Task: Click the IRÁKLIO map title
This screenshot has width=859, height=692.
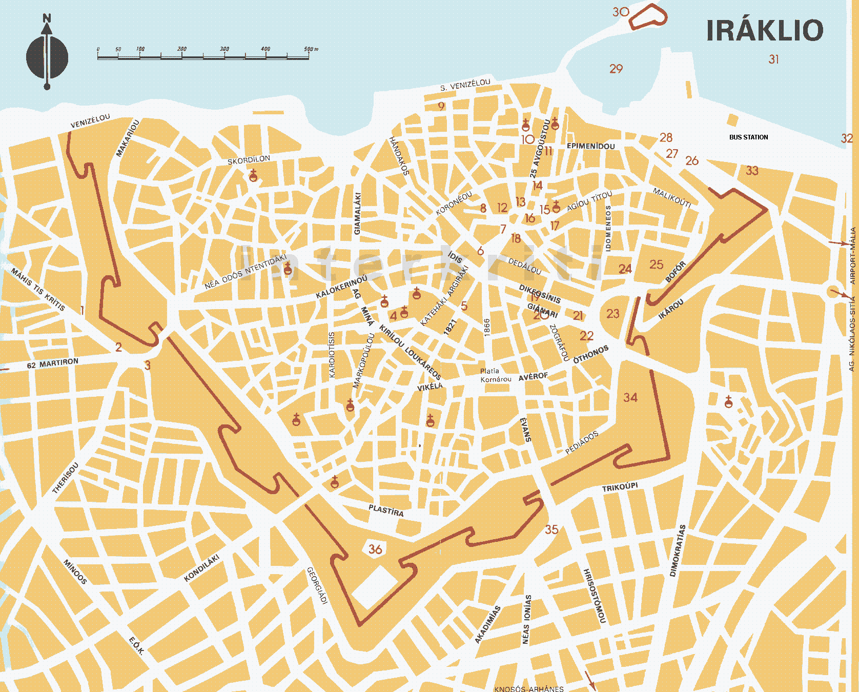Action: [764, 31]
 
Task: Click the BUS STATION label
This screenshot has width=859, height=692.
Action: [748, 137]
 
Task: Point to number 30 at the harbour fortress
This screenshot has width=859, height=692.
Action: [621, 12]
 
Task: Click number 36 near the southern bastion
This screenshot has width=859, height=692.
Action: [375, 549]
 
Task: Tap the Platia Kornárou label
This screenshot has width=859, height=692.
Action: [495, 375]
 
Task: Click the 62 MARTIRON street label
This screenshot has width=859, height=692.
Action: [53, 363]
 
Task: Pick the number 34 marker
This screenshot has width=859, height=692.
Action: [630, 397]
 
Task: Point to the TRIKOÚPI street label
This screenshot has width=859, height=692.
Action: [620, 487]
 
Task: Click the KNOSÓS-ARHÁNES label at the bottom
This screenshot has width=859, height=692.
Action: [528, 688]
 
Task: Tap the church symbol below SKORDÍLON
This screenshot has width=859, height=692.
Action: [253, 176]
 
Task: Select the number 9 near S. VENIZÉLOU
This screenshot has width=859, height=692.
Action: [441, 107]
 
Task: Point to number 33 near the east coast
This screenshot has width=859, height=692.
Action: [752, 171]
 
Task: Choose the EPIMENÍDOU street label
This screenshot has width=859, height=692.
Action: [590, 146]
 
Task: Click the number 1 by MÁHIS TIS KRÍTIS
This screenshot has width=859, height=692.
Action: [82, 310]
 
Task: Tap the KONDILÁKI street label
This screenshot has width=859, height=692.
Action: [201, 568]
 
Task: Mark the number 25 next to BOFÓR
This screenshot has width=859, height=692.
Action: [656, 264]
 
